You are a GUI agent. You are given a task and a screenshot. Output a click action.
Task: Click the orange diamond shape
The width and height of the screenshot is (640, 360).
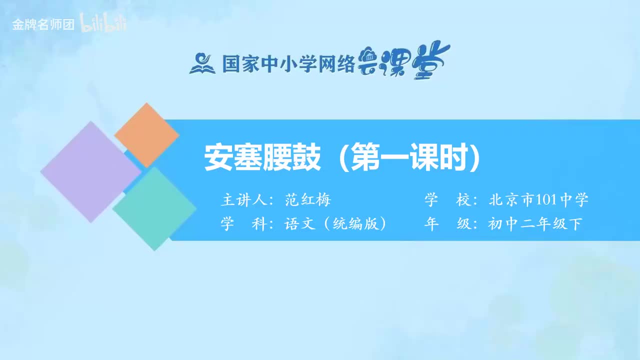[x=146, y=134]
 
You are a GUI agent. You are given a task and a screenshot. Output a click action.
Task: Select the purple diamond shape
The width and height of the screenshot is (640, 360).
[x=90, y=171]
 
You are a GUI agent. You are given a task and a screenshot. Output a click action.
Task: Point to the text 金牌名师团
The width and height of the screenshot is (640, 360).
[x=43, y=25]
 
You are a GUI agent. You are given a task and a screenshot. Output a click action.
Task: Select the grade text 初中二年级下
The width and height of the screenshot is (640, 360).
[x=535, y=224]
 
